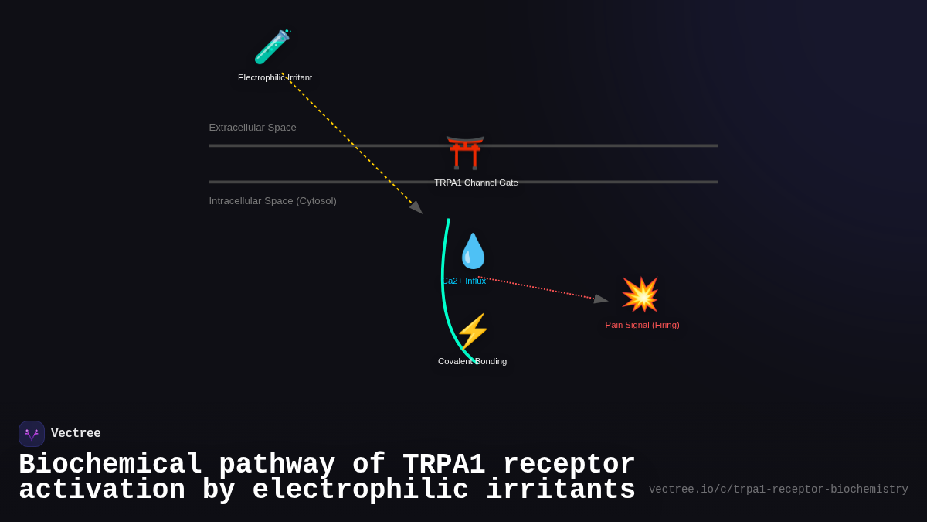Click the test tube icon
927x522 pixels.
point(271,47)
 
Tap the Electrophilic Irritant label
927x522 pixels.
point(275,77)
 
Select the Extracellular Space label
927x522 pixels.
point(253,128)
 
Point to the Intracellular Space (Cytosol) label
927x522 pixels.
point(273,201)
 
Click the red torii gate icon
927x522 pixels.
point(465,152)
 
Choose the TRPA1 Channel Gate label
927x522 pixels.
point(476,183)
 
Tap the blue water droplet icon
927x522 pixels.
point(473,251)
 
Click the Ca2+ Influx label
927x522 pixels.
point(464,281)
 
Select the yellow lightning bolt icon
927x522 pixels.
point(473,331)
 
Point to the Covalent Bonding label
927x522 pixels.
point(472,361)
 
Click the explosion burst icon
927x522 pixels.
point(640,295)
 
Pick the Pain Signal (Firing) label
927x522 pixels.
point(642,325)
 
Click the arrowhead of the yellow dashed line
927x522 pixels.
point(416,207)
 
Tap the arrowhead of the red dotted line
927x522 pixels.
point(600,299)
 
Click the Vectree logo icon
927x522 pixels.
point(32,434)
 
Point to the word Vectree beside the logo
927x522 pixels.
point(76,434)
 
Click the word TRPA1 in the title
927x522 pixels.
point(443,465)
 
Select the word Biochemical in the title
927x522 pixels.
point(110,465)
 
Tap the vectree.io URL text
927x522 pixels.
point(778,490)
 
